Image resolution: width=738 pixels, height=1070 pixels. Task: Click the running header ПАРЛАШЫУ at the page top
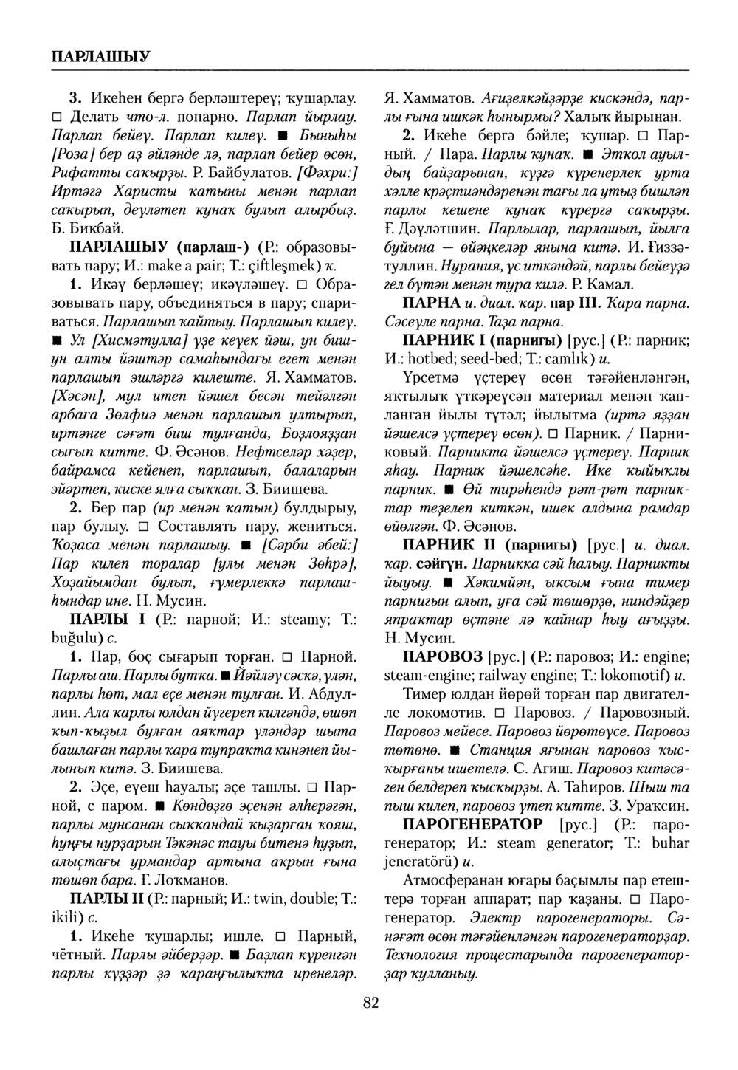[x=101, y=56]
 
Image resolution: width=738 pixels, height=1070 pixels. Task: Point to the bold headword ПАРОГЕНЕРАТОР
[x=472, y=823]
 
